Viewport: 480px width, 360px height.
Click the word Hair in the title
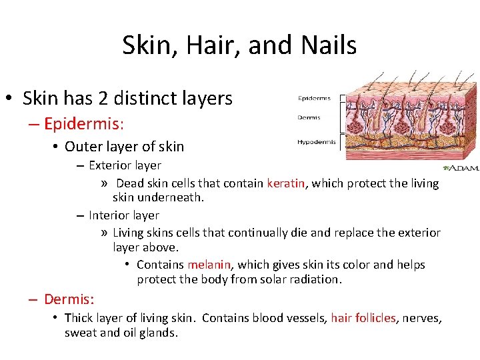[x=208, y=45]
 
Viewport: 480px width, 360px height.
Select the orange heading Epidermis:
[x=83, y=123]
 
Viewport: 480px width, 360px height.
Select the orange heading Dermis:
[x=69, y=299]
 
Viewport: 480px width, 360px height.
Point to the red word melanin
[x=209, y=265]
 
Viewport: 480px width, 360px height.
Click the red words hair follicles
[x=363, y=318]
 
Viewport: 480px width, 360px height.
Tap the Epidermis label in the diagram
[x=314, y=99]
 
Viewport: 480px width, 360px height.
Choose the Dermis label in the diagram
[x=309, y=118]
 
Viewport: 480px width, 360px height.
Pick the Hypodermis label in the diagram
[x=315, y=141]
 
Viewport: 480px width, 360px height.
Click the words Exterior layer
[x=125, y=165]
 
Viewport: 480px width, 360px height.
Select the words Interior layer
[x=124, y=215]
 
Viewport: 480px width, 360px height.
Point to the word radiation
[x=315, y=279]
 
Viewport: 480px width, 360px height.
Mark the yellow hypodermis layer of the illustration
[x=413, y=147]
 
